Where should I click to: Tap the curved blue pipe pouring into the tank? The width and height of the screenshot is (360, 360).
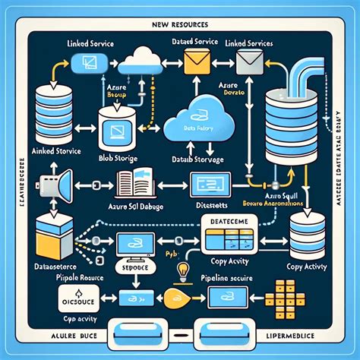pyautogui.click(x=312, y=76)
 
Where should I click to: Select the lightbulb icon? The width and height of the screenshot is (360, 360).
pyautogui.click(x=183, y=269)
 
